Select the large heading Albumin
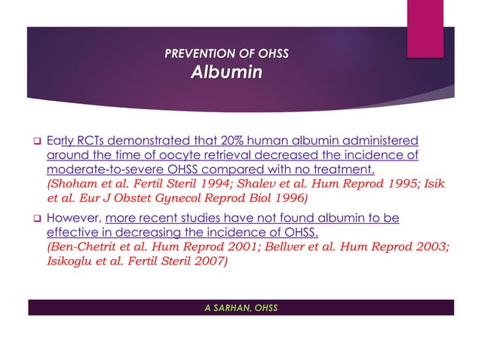(x=226, y=73)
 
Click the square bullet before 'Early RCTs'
(x=35, y=141)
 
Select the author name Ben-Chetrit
(x=85, y=247)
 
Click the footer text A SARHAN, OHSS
(x=240, y=307)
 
